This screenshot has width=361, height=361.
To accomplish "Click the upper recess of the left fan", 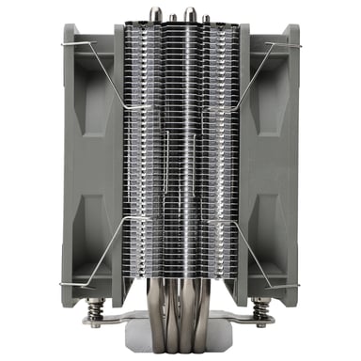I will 90,103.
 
